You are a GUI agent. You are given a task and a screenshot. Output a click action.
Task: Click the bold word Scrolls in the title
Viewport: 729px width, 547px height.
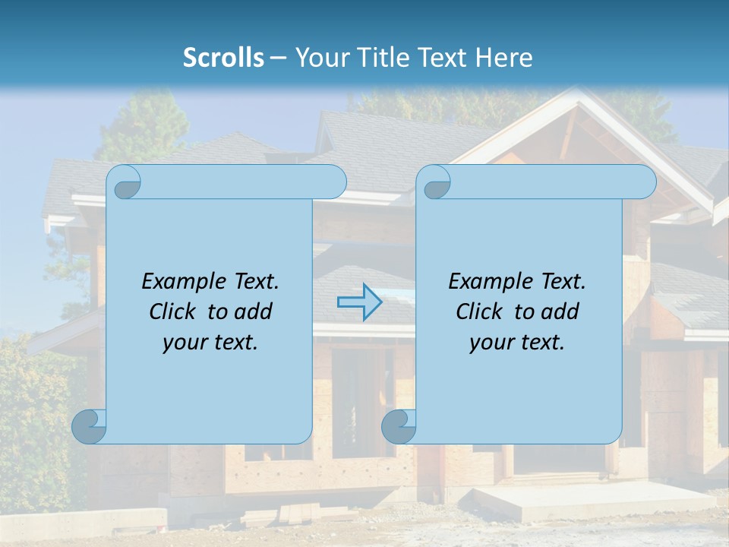(223, 58)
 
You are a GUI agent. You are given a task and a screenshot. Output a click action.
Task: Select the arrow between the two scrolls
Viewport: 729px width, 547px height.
(359, 302)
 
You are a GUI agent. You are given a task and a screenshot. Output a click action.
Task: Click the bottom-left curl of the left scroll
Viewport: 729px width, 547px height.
(89, 426)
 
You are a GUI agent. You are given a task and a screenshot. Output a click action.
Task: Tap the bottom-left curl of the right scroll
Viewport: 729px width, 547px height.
(399, 426)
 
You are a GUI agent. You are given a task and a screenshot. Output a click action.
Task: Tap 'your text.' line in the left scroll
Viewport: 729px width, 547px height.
(210, 342)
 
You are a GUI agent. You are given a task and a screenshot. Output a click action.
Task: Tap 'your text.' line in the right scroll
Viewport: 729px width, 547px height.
(517, 342)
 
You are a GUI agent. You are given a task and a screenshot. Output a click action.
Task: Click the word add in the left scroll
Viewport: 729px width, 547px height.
(253, 311)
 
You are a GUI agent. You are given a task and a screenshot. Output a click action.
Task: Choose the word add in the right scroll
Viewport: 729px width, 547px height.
(560, 311)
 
